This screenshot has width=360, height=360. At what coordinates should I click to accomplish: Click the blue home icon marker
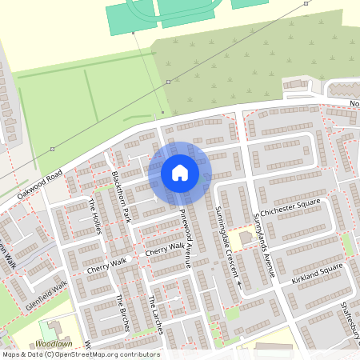[179, 173]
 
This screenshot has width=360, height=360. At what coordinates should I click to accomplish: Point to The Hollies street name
[96, 216]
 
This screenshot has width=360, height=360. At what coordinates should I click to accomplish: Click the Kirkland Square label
[317, 270]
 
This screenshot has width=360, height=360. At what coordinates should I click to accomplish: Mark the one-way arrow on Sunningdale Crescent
[238, 283]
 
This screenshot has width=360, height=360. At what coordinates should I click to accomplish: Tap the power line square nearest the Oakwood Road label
[52, 149]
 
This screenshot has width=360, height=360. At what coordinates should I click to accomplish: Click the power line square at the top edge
[306, 3]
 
